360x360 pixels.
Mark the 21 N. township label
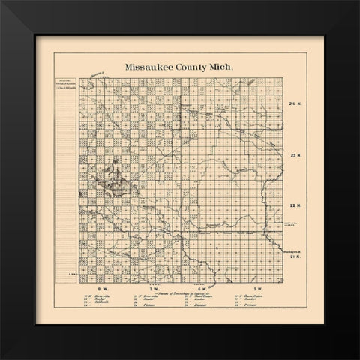click(294, 256)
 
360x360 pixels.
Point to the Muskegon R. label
click(294, 250)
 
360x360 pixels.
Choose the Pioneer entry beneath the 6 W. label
click(199, 307)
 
